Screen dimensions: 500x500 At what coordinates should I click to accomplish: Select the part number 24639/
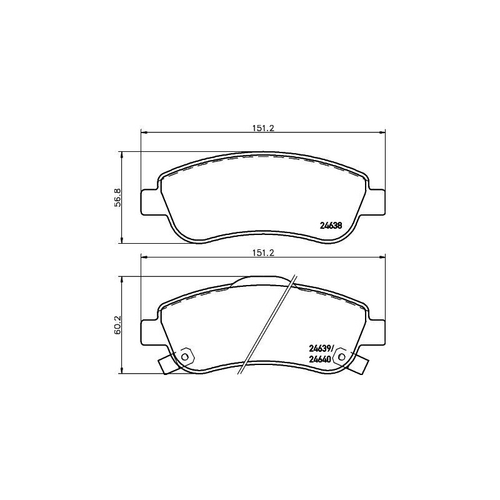[324, 349]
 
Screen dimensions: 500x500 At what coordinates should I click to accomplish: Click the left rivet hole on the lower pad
[185, 357]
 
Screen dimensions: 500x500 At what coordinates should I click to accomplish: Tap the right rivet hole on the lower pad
[341, 357]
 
